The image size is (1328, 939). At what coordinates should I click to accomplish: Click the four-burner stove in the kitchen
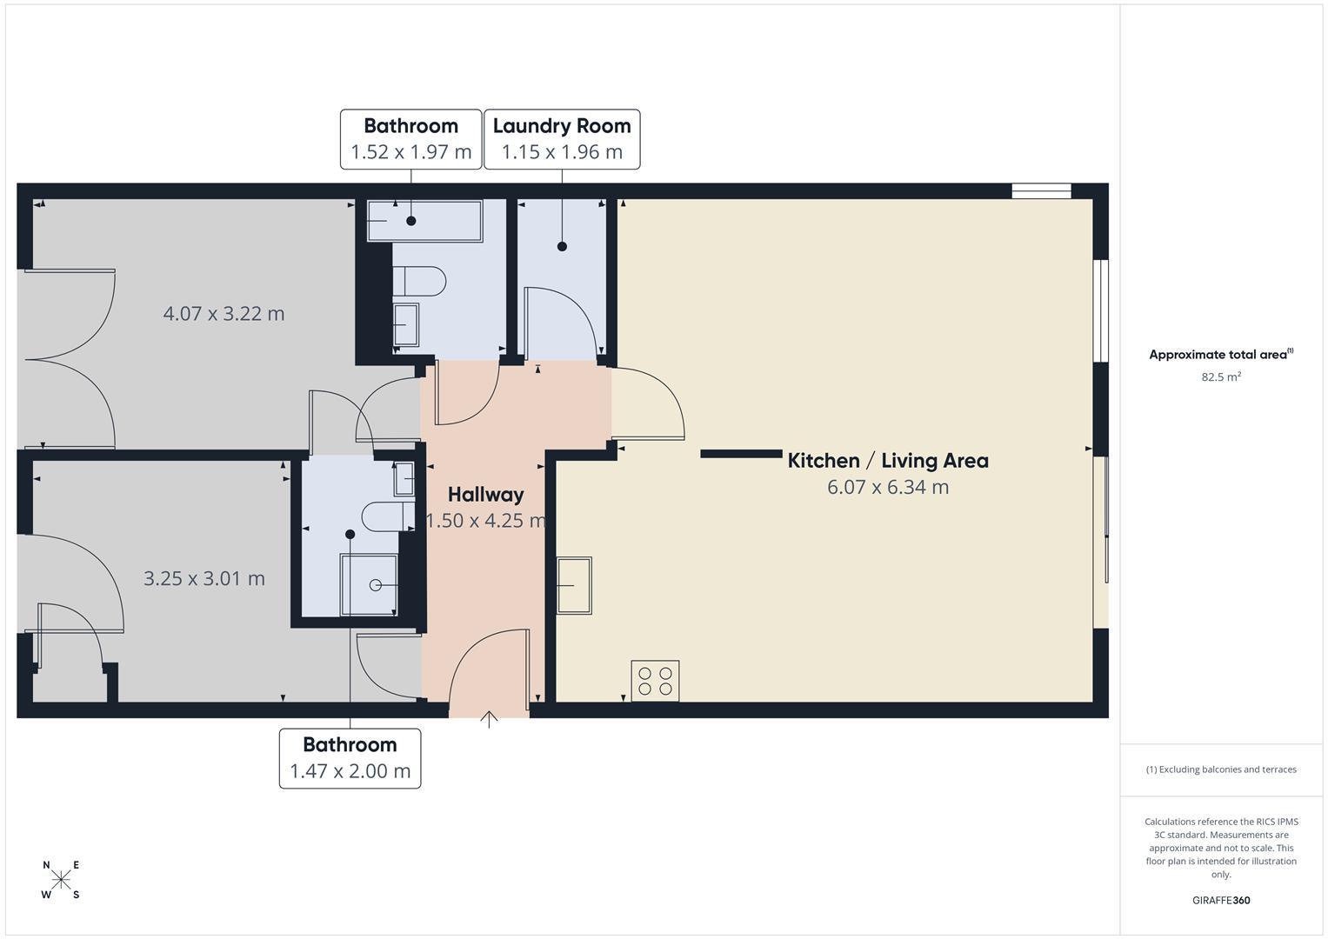click(x=655, y=681)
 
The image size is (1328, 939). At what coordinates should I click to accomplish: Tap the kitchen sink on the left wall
click(x=574, y=585)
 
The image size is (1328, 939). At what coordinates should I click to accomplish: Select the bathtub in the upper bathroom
click(x=424, y=221)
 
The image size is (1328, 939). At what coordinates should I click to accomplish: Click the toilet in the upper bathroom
click(x=419, y=282)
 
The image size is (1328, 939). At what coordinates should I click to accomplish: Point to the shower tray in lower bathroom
click(x=369, y=585)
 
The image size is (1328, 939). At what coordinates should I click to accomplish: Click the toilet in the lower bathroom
click(x=388, y=516)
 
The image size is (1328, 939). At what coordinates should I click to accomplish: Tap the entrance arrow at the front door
click(x=489, y=719)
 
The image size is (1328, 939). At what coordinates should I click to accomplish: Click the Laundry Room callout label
click(x=562, y=139)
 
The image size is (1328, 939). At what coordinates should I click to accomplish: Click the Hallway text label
click(x=485, y=495)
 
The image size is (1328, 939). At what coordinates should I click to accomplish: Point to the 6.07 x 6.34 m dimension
click(x=887, y=487)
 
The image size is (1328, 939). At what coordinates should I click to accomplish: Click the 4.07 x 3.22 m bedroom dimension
click(x=224, y=314)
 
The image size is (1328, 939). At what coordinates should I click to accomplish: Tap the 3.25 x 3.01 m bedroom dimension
click(x=204, y=578)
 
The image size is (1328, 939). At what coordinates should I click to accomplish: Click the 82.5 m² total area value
click(x=1220, y=377)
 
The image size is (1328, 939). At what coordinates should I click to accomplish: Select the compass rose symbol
click(x=61, y=880)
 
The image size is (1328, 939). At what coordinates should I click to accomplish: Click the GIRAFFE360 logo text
click(x=1220, y=900)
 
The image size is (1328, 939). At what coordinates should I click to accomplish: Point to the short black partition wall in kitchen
click(x=741, y=453)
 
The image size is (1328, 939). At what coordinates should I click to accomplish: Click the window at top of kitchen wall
click(x=1041, y=191)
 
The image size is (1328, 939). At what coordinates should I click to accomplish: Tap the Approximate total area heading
click(x=1220, y=355)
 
